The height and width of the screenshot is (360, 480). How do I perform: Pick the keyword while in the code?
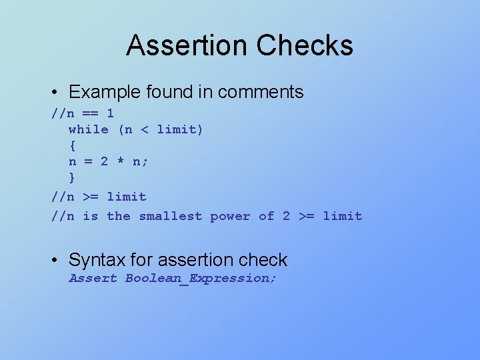pos(88,129)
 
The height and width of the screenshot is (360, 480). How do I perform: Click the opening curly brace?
pos(72,145)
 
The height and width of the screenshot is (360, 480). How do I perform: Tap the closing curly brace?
pos(72,177)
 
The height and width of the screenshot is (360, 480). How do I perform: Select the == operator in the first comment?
pos(90,113)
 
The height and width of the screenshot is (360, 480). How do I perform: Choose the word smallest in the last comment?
pos(170,216)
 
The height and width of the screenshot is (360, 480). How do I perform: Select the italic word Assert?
pos(93,278)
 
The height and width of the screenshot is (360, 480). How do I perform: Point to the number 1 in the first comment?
pos(111,113)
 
